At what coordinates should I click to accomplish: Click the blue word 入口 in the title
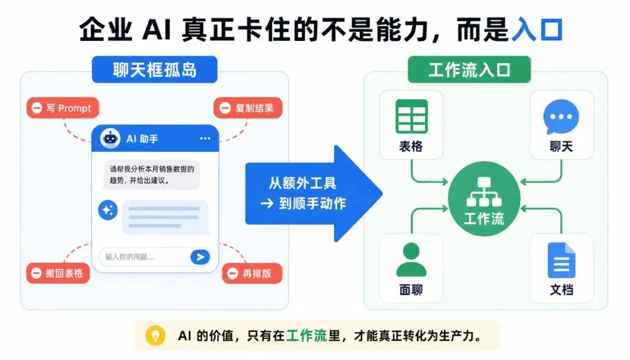point(537,29)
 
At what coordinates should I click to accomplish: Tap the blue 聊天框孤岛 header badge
point(155,69)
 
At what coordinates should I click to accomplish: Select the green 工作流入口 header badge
point(469,69)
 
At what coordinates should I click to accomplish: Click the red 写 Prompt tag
point(62,108)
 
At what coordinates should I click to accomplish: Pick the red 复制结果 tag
point(248,108)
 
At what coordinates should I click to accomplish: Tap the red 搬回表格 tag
point(58,273)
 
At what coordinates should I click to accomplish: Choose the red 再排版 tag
point(253,273)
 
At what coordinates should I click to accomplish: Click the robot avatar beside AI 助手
point(110,139)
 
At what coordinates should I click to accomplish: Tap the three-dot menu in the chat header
point(205,139)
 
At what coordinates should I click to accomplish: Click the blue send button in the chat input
point(200,257)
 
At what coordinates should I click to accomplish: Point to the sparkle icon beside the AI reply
point(108,209)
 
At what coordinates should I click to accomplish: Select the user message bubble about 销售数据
point(152,174)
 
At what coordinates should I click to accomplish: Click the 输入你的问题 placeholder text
point(129,257)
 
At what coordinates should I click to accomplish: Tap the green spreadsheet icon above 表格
point(411,117)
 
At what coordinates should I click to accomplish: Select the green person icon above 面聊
point(411,260)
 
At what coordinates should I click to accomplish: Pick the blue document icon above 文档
point(561,260)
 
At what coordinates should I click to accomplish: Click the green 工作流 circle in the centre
point(484,198)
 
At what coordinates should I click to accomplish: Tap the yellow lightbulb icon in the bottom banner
point(156,335)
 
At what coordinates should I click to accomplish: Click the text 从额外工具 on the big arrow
point(303,183)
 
